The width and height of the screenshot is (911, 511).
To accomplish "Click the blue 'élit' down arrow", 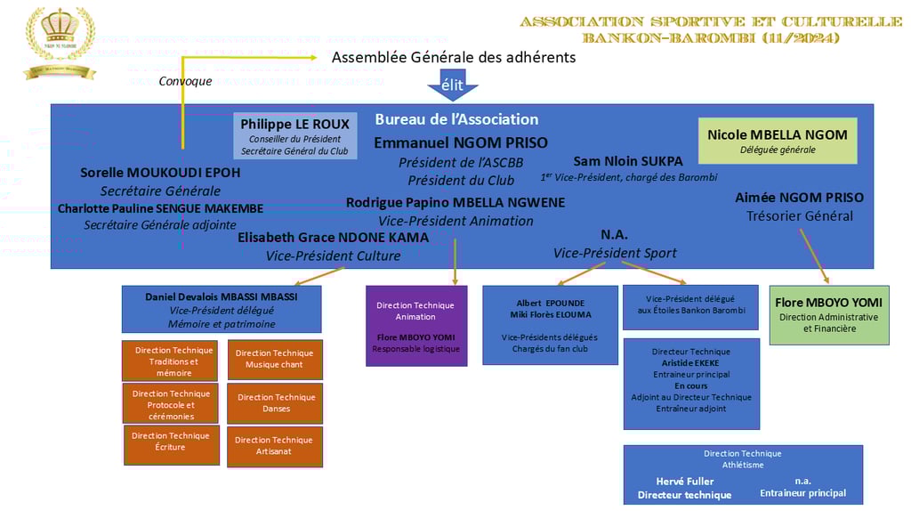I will tap(453, 85).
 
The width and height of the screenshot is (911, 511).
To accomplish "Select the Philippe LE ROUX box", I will tap(295, 136).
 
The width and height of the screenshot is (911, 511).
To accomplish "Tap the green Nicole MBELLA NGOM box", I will tap(778, 141).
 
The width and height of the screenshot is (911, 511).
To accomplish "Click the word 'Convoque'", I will tap(185, 81).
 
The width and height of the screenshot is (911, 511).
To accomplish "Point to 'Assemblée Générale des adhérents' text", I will tap(454, 57).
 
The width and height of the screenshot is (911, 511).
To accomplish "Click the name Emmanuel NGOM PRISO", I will tap(461, 142).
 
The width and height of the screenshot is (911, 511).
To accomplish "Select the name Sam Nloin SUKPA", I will tap(628, 161).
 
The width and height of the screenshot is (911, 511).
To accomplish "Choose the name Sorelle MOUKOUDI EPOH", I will tap(160, 173).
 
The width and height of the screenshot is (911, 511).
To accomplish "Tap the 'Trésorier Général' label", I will tap(799, 215).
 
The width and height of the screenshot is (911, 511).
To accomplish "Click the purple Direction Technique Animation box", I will tap(415, 325).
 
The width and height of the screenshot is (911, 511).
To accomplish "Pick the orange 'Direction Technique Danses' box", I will tap(275, 403).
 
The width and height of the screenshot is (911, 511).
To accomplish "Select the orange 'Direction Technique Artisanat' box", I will tap(274, 445).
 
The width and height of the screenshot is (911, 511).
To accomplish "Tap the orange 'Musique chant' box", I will tap(275, 359).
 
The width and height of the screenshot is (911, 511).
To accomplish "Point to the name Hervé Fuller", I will tap(685, 482).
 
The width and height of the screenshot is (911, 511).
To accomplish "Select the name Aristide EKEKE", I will tap(690, 363).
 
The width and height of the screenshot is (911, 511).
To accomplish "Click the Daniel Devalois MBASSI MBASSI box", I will tap(222, 309).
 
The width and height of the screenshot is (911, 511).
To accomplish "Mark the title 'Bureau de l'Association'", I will tap(456, 119).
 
